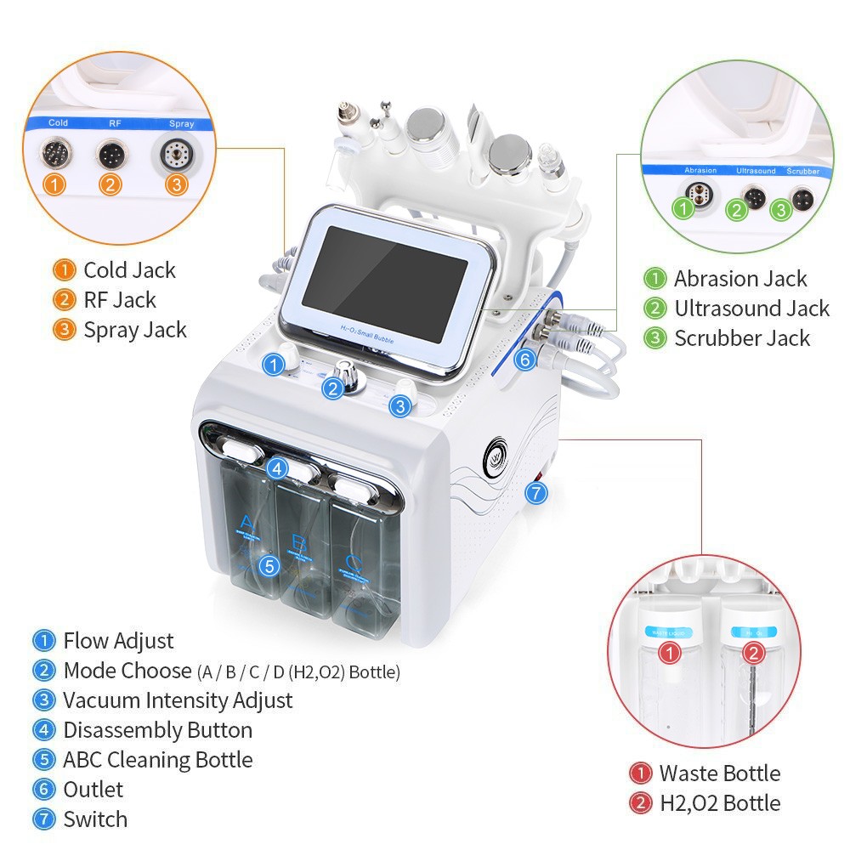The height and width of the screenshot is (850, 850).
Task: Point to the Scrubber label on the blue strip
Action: [x=802, y=171]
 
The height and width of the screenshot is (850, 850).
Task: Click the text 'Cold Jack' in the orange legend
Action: [x=129, y=270]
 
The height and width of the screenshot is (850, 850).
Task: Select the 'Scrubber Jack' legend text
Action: [x=742, y=337]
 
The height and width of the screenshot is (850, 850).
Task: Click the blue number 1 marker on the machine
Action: [x=273, y=365]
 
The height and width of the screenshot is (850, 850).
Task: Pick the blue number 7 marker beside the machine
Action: [x=535, y=491]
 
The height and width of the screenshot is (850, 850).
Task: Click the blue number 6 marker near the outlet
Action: [x=524, y=360]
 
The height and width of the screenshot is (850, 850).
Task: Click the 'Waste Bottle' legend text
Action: [x=719, y=773]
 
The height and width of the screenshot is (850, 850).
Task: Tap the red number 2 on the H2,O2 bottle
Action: [x=753, y=653]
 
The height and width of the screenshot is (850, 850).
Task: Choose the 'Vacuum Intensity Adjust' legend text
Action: [x=177, y=700]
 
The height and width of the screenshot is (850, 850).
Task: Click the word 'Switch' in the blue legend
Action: [x=95, y=819]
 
